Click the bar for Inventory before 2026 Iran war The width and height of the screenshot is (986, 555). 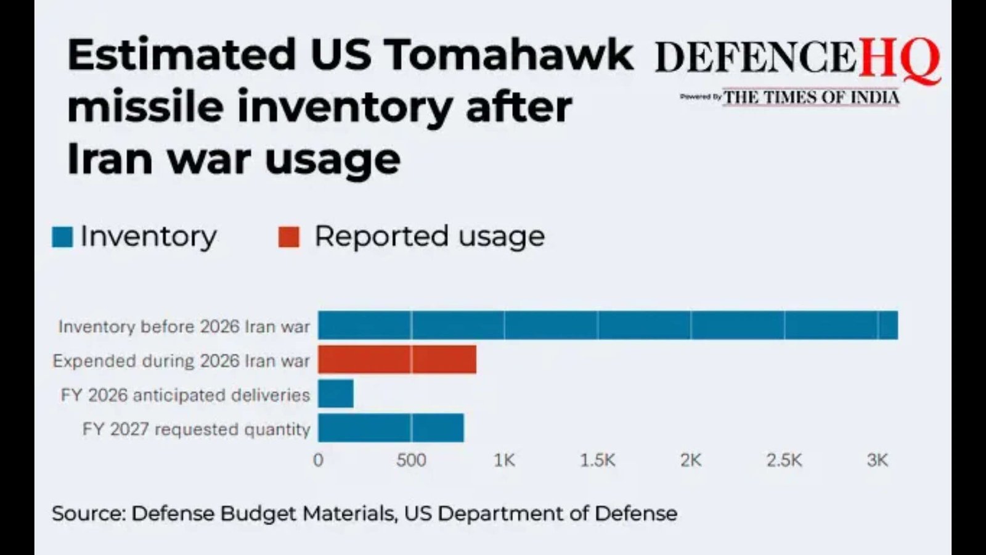click(608, 326)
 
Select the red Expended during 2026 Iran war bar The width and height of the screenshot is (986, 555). click(397, 360)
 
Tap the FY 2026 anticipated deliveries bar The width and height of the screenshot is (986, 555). click(336, 394)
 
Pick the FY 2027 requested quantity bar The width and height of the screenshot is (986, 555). click(391, 428)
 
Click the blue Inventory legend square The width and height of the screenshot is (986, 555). click(62, 237)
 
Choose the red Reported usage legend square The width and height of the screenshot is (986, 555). click(288, 237)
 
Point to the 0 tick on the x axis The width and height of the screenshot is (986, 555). click(318, 460)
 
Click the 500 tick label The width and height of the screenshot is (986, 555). click(411, 460)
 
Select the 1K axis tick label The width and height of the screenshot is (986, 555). click(504, 460)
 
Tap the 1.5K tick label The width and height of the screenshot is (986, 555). click(597, 460)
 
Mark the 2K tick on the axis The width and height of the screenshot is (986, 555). click(691, 460)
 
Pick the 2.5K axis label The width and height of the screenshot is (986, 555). click(784, 460)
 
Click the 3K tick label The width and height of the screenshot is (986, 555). click(877, 460)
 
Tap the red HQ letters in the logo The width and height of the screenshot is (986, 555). click(899, 59)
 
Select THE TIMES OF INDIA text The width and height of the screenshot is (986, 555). click(811, 97)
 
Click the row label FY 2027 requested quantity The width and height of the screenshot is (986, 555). click(196, 429)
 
